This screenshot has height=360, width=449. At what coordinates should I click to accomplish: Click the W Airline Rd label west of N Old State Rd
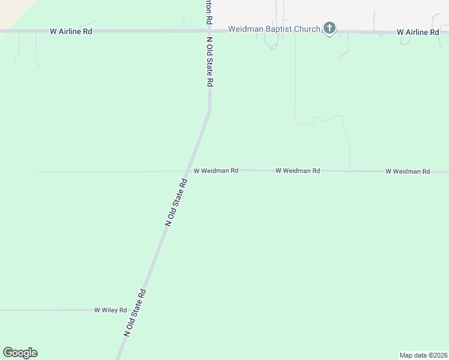71,31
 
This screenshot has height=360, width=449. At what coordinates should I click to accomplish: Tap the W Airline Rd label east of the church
418,32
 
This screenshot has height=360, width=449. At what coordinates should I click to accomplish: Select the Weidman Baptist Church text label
274,29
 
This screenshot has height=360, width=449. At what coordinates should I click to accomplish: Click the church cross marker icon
329,28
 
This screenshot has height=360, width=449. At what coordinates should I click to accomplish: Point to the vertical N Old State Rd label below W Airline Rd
209,62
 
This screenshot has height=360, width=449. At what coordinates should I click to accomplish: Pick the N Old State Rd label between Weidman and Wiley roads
177,202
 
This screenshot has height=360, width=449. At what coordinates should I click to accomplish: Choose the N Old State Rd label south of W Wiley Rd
135,313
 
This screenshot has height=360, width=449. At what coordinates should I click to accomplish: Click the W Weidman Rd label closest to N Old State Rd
215,170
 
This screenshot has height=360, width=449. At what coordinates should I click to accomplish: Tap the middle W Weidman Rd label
297,170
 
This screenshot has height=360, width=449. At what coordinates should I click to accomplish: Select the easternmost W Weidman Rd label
408,171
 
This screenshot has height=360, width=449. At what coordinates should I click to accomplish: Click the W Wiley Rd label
110,310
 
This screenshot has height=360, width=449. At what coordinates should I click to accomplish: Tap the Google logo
20,353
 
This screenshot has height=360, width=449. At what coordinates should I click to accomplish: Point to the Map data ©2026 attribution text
423,355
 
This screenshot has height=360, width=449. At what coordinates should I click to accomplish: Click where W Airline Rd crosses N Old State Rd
209,31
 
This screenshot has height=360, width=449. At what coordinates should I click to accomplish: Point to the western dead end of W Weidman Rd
38,172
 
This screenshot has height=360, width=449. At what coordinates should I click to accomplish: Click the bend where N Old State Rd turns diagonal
209,110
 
